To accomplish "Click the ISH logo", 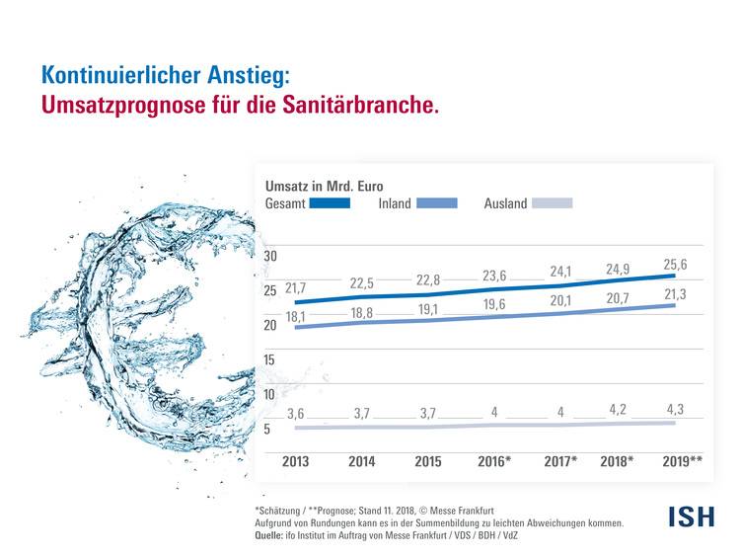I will click(x=691, y=515).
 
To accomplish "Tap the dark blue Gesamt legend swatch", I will click(x=330, y=203).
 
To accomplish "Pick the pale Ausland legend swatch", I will click(x=552, y=203).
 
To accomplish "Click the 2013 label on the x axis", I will click(x=296, y=461).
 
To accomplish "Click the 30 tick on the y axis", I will click(x=269, y=257).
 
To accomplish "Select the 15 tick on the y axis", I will click(x=269, y=360).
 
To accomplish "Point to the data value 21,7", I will click(x=296, y=288).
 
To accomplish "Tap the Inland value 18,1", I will click(x=296, y=316).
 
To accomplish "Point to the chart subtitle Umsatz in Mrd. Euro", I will click(x=325, y=185).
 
